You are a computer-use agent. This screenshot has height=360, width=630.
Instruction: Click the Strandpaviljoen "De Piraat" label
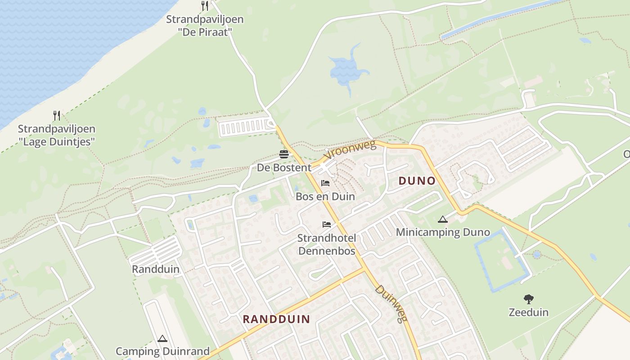coord(205,26)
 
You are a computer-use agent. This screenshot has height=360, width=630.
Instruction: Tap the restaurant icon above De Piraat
coord(205,6)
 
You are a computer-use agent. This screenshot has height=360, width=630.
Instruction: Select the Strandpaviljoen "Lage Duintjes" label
coord(57,135)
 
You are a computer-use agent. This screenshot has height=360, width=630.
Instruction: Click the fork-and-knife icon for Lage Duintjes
coord(57,116)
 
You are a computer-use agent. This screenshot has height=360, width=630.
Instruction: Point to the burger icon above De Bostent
coord(284,155)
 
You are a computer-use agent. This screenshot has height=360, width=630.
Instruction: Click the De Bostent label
coord(284,168)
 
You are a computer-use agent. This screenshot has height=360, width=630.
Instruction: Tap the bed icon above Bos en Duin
coord(325,183)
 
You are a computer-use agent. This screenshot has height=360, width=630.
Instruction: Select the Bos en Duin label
coord(325,197)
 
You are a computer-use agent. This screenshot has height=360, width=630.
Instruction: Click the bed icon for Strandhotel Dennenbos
coord(327,224)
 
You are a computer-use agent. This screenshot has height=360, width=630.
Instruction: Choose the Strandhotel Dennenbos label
coord(327,244)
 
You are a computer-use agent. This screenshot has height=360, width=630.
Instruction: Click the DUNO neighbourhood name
coord(417,181)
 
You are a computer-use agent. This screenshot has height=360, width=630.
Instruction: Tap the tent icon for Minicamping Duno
coord(443,220)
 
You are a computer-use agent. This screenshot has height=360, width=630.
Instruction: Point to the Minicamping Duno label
coord(443,233)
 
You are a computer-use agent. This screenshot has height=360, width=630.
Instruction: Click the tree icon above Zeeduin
coord(529,299)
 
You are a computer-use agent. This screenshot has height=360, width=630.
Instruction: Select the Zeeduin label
coord(529,312)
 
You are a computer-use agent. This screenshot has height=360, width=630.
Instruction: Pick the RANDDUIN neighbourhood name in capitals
coord(276,319)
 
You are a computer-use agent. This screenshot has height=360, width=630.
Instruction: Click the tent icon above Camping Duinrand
coord(162,338)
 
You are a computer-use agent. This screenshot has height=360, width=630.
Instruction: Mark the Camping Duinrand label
coord(162,351)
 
